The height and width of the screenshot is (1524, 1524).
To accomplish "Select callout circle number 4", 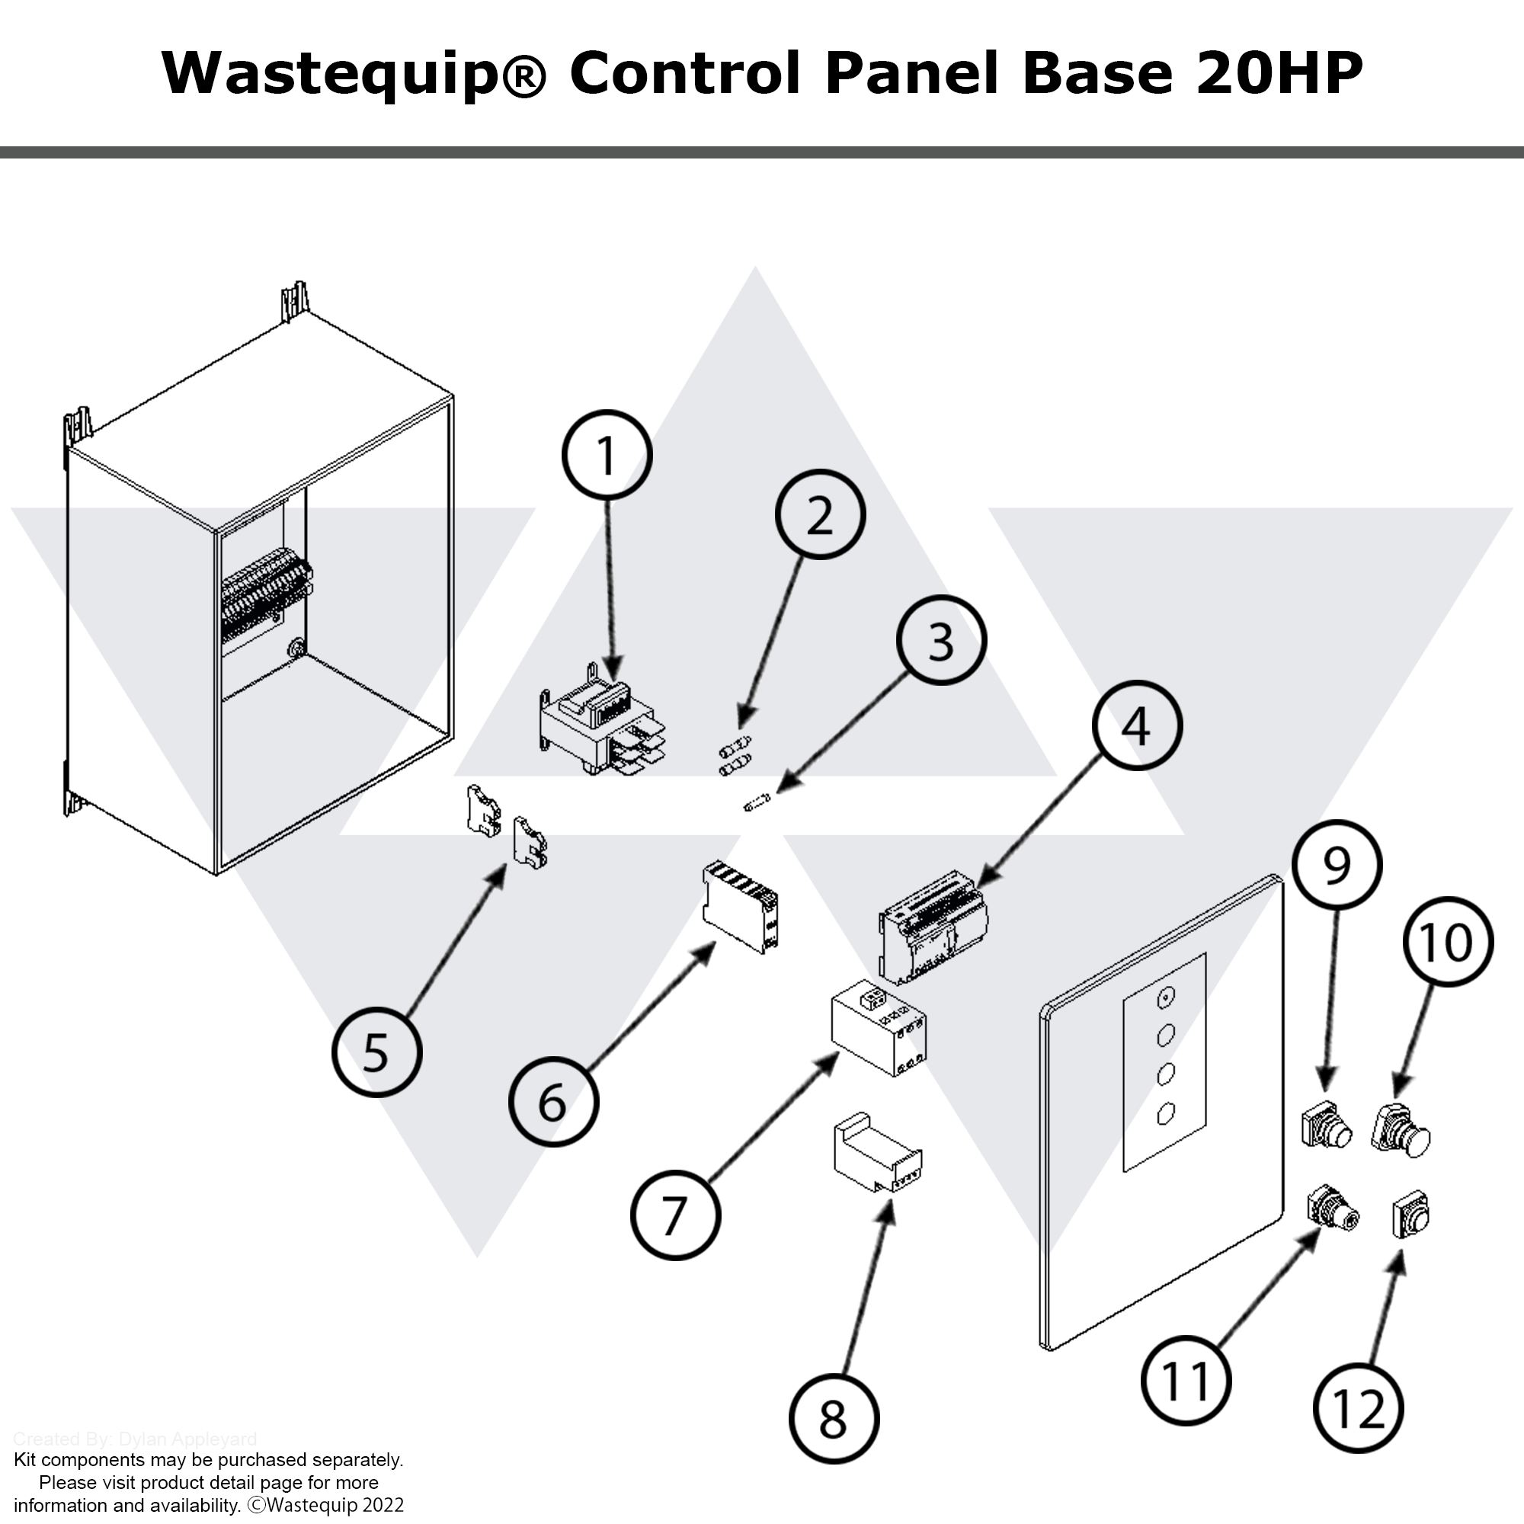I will pyautogui.click(x=1137, y=725).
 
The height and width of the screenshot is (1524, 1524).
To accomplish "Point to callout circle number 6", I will pyautogui.click(x=553, y=1101).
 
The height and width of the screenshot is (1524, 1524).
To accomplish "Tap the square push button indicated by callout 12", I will pyautogui.click(x=1410, y=1215).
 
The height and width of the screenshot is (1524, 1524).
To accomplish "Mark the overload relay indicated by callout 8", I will pyautogui.click(x=877, y=1156).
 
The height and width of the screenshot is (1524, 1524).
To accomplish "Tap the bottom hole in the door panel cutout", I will pyautogui.click(x=1165, y=1113).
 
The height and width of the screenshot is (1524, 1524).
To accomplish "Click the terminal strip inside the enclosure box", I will pyautogui.click(x=267, y=596).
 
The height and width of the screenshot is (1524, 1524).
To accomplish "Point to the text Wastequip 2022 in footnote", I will pyautogui.click(x=335, y=1505).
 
